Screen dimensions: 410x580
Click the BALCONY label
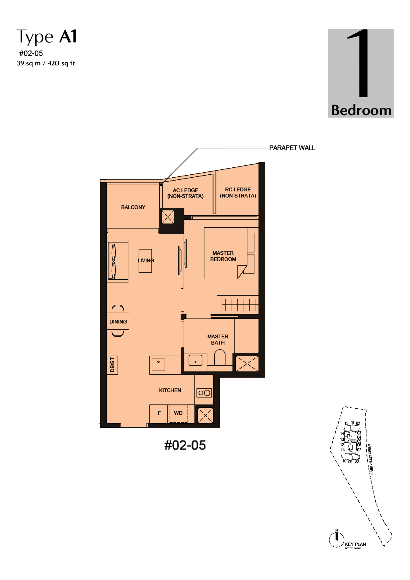coord(133,207)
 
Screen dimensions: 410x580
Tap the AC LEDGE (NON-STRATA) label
coord(185,193)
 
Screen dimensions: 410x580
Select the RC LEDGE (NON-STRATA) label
coord(238,192)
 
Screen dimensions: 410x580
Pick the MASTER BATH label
coord(218,339)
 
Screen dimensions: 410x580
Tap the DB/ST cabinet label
coord(112,365)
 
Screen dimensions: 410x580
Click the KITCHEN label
coord(170,390)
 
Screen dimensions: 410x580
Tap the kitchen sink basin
coord(158,365)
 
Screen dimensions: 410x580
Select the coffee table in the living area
coord(145,261)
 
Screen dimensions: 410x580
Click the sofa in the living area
coord(118,261)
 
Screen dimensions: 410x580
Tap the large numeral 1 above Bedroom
coord(360,63)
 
